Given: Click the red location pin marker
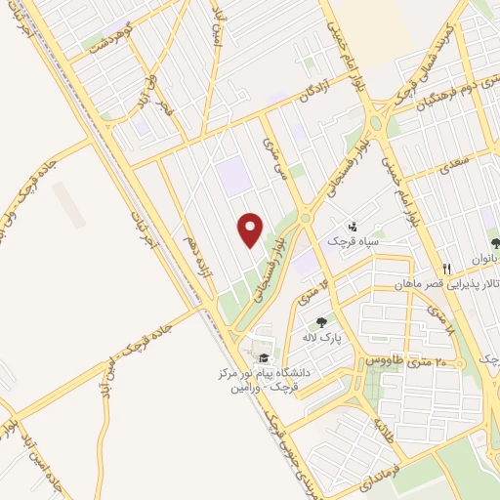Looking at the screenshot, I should pos(251,229).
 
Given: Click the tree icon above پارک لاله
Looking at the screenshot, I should pos(320,322).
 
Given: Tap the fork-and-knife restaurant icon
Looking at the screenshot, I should pos(446,269).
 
